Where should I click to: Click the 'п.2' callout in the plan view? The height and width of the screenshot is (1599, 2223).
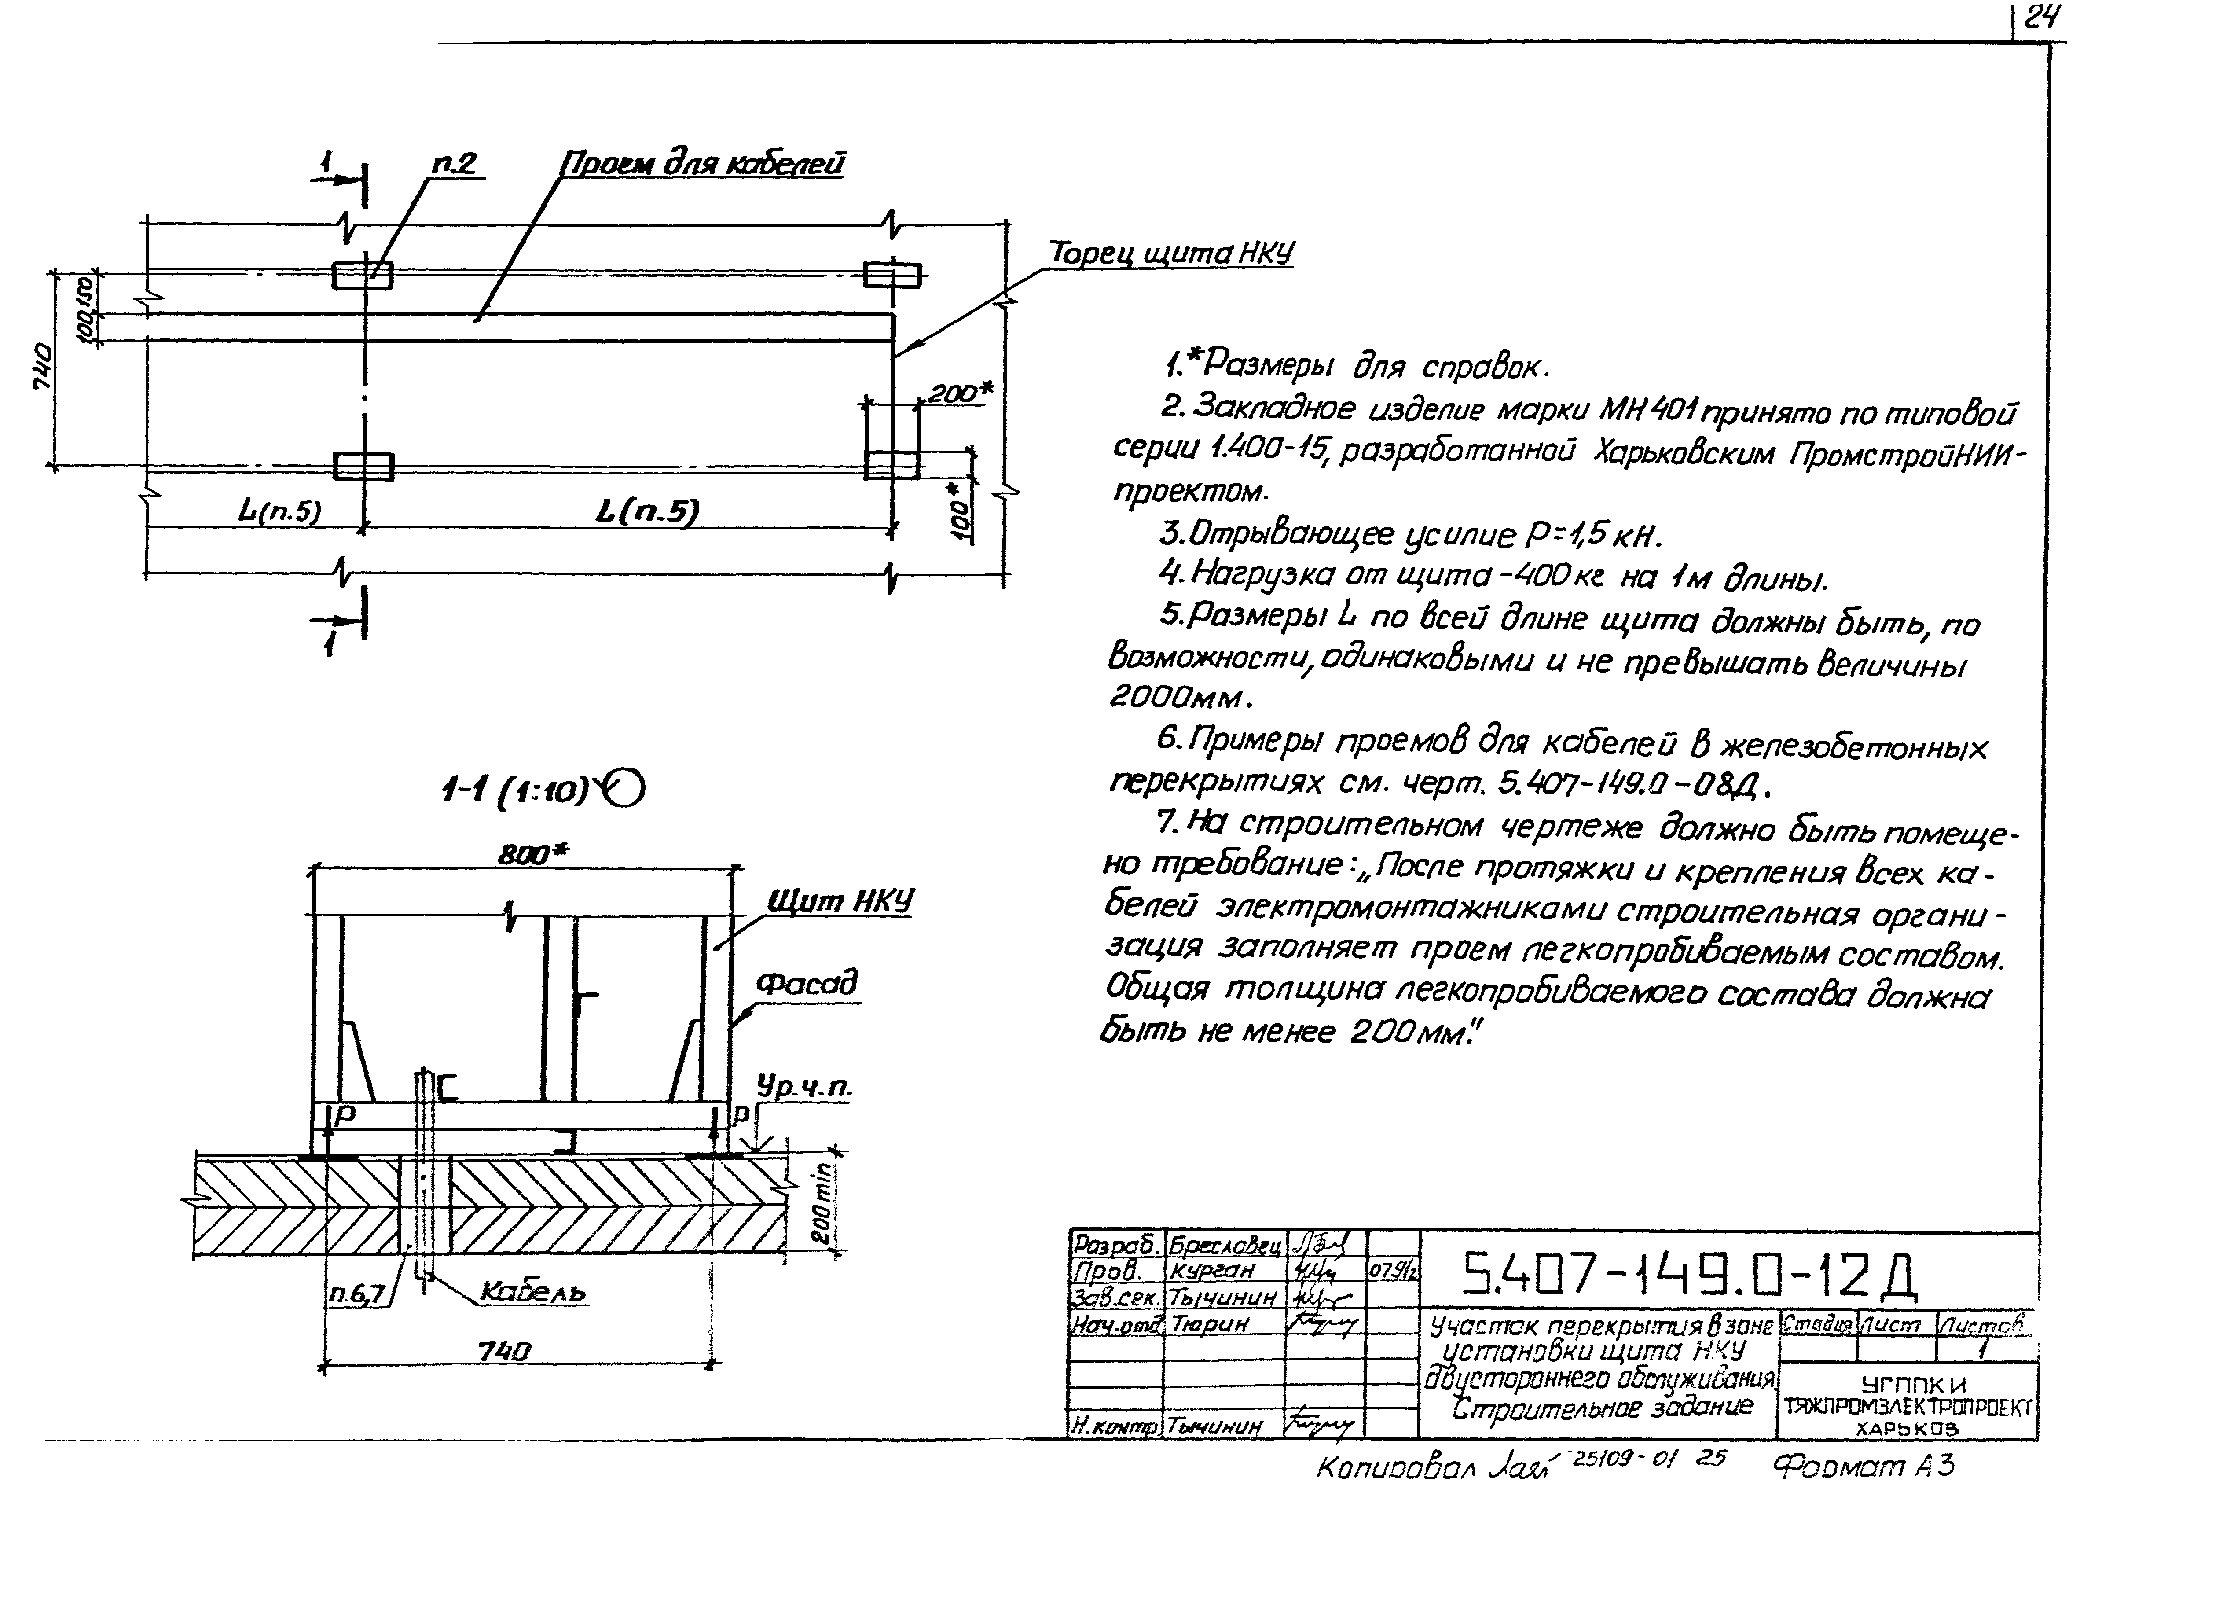pos(454,163)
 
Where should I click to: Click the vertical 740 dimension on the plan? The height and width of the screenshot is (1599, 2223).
pos(43,368)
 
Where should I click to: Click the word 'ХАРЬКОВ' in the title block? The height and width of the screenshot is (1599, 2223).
pos(1907,1430)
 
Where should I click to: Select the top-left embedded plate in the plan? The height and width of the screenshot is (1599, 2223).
pos(363,276)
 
